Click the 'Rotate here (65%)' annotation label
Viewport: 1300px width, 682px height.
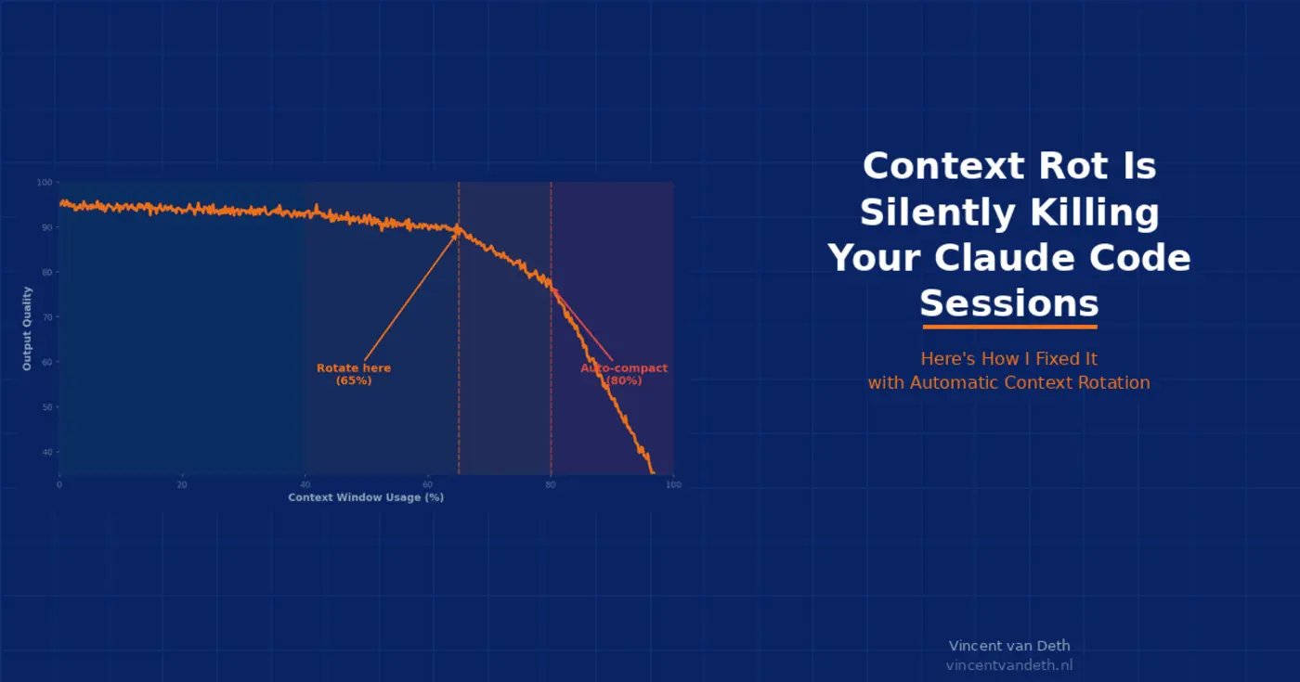[x=353, y=374]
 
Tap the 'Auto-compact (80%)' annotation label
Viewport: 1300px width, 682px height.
[x=623, y=374]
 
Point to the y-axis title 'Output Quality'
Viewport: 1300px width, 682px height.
[x=27, y=328]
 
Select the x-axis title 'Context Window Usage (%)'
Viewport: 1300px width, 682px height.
[x=366, y=497]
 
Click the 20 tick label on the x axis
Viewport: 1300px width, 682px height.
[x=182, y=484]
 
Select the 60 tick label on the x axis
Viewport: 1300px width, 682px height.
[x=428, y=484]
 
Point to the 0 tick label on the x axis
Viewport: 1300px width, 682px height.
[x=59, y=484]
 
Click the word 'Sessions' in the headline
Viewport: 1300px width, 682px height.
[x=1009, y=303]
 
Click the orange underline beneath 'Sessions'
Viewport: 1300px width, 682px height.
[x=1009, y=327]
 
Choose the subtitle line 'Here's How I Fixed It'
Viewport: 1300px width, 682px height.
[x=1009, y=358]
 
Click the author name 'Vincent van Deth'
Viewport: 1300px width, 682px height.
[x=1009, y=646]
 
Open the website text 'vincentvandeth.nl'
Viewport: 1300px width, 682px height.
[x=1009, y=665]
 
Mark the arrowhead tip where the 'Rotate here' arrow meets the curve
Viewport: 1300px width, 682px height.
[x=458, y=231]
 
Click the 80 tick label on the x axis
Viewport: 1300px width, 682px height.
[x=551, y=484]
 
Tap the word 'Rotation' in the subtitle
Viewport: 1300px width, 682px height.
[x=1115, y=382]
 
